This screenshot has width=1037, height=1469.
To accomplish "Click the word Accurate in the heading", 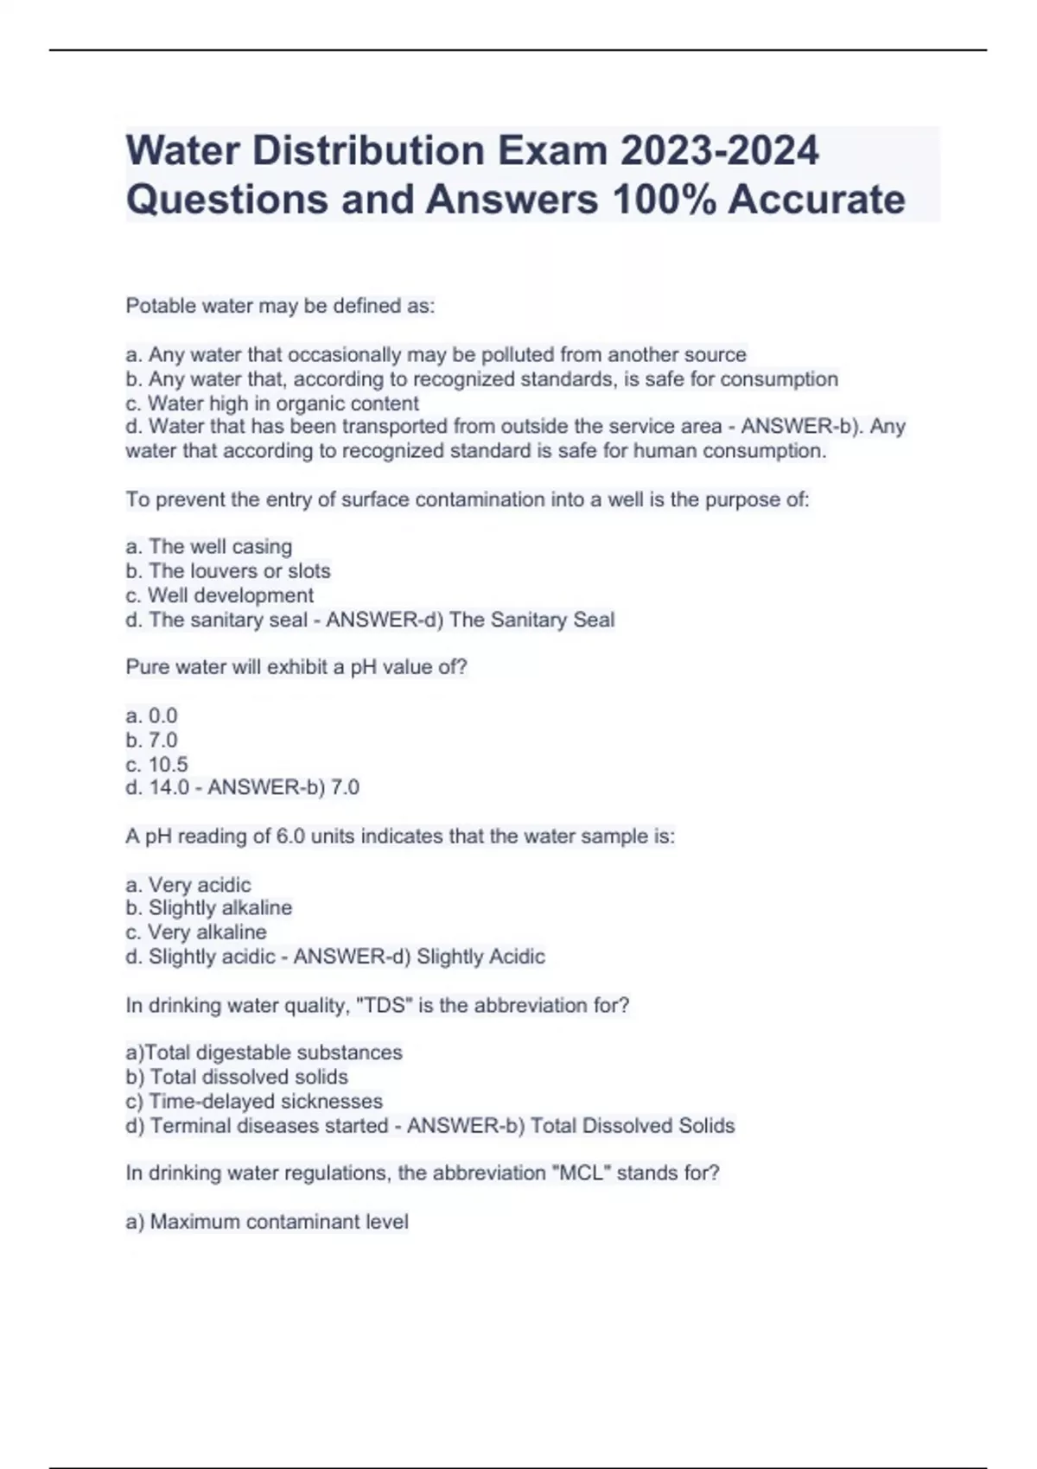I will (x=816, y=200).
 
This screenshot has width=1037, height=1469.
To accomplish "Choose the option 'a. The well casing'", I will (x=209, y=547).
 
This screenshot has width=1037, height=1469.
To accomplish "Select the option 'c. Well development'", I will (x=219, y=595).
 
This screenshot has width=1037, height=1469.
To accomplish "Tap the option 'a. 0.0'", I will (x=151, y=715).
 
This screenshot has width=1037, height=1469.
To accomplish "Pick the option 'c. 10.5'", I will (x=156, y=764).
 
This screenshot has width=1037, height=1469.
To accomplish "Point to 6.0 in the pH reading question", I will (x=290, y=836).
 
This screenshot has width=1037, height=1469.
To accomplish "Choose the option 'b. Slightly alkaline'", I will (x=209, y=908).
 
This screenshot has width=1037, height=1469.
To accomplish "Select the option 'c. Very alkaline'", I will (x=196, y=932).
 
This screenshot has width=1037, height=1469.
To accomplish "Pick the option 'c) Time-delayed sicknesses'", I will (x=254, y=1102).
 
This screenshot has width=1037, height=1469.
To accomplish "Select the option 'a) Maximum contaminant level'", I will (x=267, y=1222).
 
